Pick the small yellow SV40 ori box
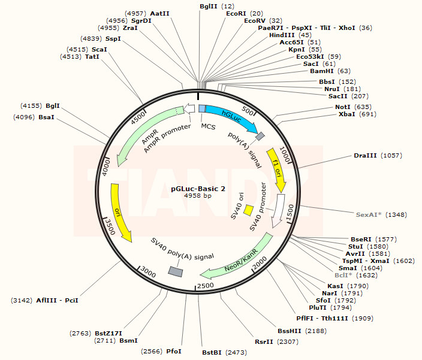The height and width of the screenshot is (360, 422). pos(249,210)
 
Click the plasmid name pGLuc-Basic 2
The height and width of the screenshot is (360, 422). pos(198,188)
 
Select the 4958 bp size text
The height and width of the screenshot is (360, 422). pos(198,196)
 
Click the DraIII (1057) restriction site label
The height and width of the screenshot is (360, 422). pos(378,155)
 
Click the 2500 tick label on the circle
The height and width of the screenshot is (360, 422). pos(206,286)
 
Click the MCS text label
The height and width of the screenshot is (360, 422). pos(208,126)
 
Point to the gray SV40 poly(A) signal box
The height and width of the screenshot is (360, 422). pos(175,272)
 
